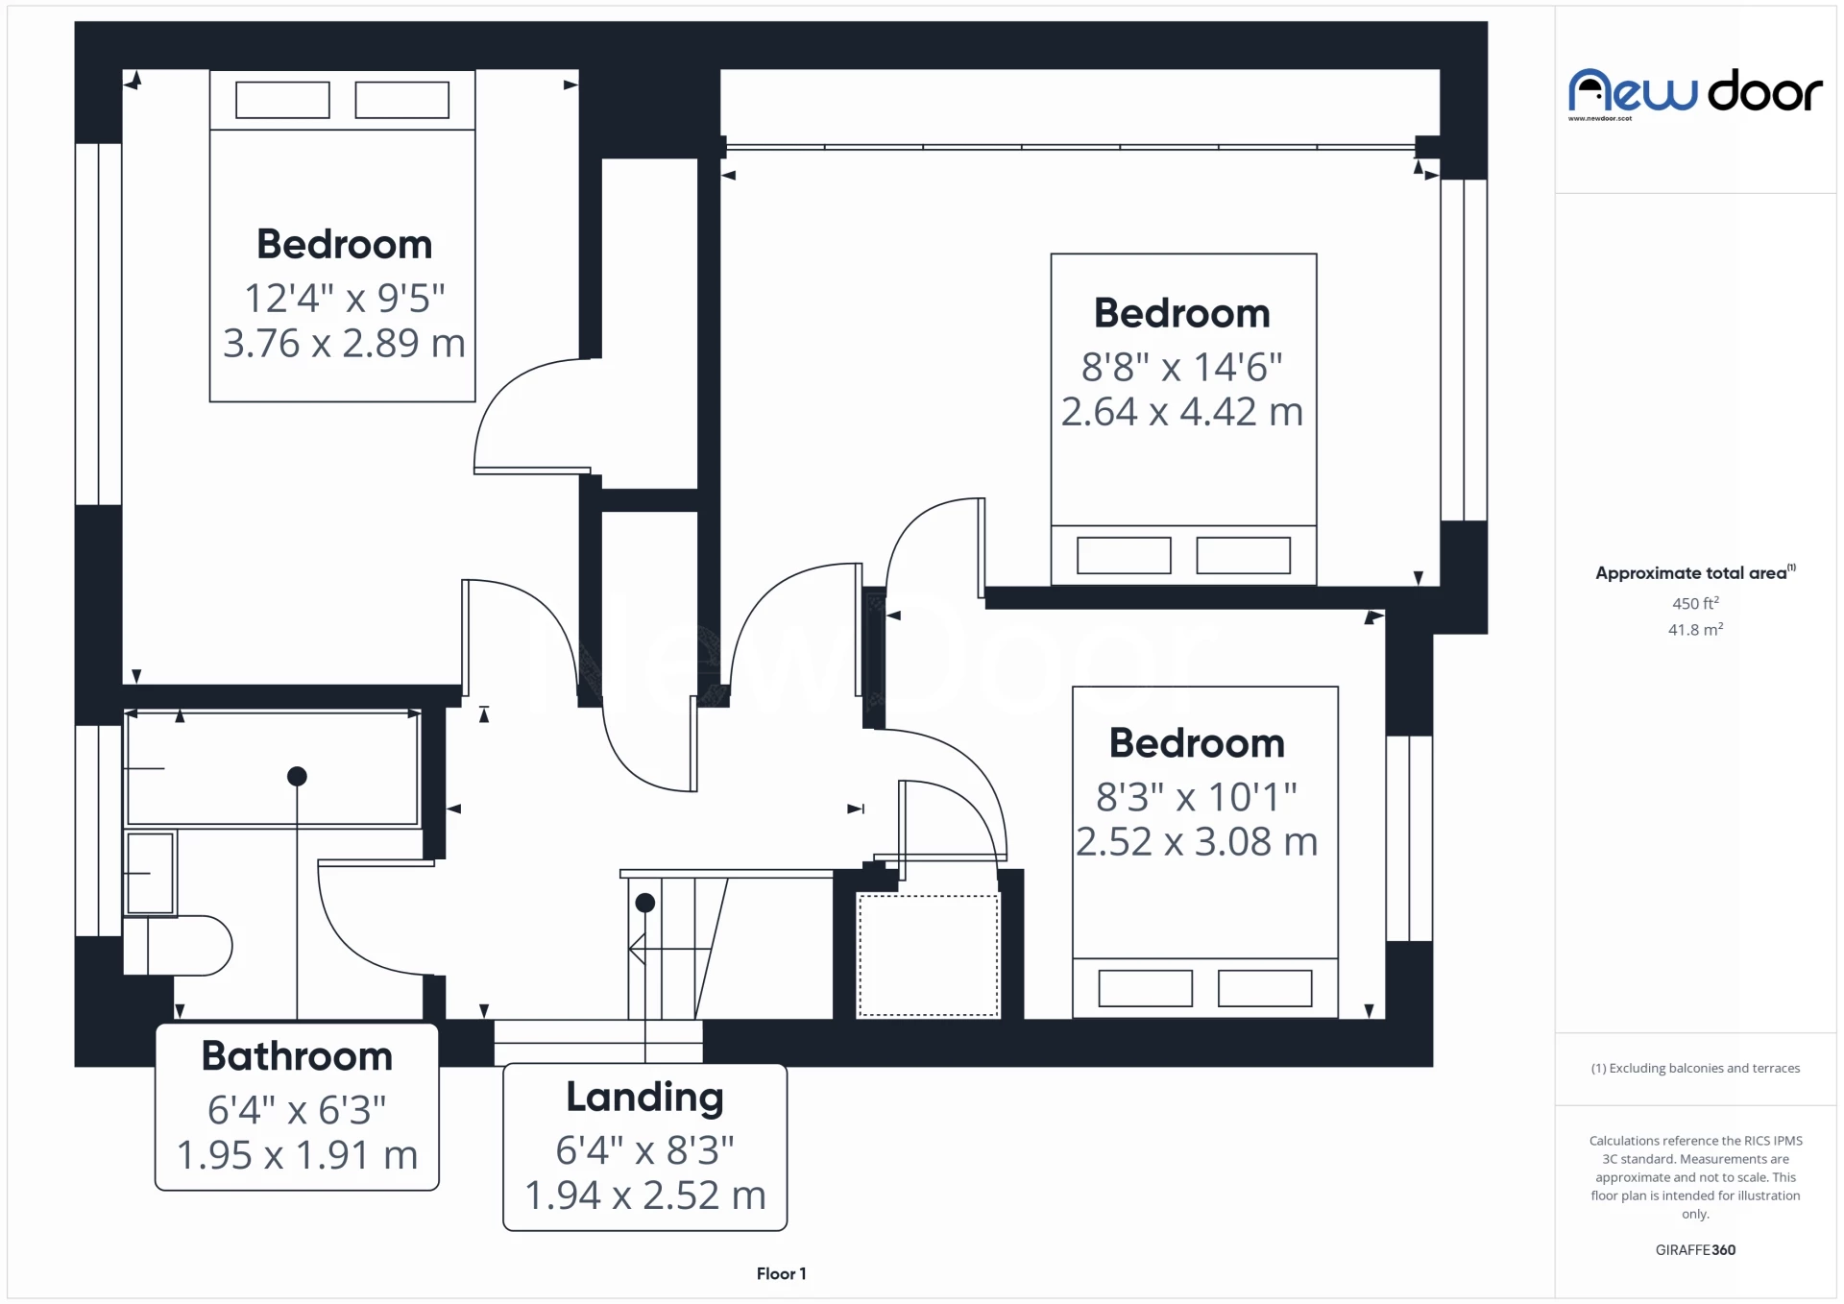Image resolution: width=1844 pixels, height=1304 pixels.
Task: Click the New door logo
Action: pyautogui.click(x=1695, y=93)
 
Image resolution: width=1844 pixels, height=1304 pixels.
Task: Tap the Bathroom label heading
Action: pyautogui.click(x=297, y=1056)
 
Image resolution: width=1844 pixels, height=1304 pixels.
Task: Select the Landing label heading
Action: pyautogui.click(x=644, y=1098)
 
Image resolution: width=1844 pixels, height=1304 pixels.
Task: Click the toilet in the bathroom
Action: pyautogui.click(x=178, y=946)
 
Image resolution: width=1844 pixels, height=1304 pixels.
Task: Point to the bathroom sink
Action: pyautogui.click(x=150, y=873)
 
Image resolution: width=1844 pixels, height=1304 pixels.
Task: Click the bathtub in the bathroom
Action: pyautogui.click(x=273, y=767)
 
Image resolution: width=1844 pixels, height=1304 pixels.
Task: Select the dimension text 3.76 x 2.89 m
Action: pyautogui.click(x=344, y=343)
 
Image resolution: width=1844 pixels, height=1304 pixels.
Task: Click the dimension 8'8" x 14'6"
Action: pyautogui.click(x=1182, y=367)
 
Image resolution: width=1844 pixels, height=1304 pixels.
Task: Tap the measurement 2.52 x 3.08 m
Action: pyautogui.click(x=1197, y=842)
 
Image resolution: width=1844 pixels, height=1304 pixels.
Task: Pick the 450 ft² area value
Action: pyautogui.click(x=1695, y=603)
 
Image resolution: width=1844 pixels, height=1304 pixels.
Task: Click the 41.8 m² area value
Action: pyautogui.click(x=1695, y=630)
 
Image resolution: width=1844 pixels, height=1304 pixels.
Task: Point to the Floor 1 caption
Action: pyautogui.click(x=781, y=1274)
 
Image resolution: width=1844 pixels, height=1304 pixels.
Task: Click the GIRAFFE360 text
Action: pyautogui.click(x=1695, y=1250)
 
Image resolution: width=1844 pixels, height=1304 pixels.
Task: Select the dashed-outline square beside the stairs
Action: pyautogui.click(x=928, y=954)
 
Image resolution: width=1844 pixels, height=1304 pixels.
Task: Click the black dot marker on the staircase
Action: pyautogui.click(x=645, y=903)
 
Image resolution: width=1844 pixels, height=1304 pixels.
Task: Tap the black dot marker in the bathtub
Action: pyautogui.click(x=297, y=776)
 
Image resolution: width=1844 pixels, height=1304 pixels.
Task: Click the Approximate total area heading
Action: pyautogui.click(x=1695, y=573)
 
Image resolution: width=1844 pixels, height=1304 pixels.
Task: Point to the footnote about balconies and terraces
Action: pyautogui.click(x=1695, y=1069)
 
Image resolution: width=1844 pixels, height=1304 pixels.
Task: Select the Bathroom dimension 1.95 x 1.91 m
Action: pyautogui.click(x=297, y=1155)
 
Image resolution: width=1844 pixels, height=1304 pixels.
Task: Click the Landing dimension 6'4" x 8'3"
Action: pyautogui.click(x=644, y=1150)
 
